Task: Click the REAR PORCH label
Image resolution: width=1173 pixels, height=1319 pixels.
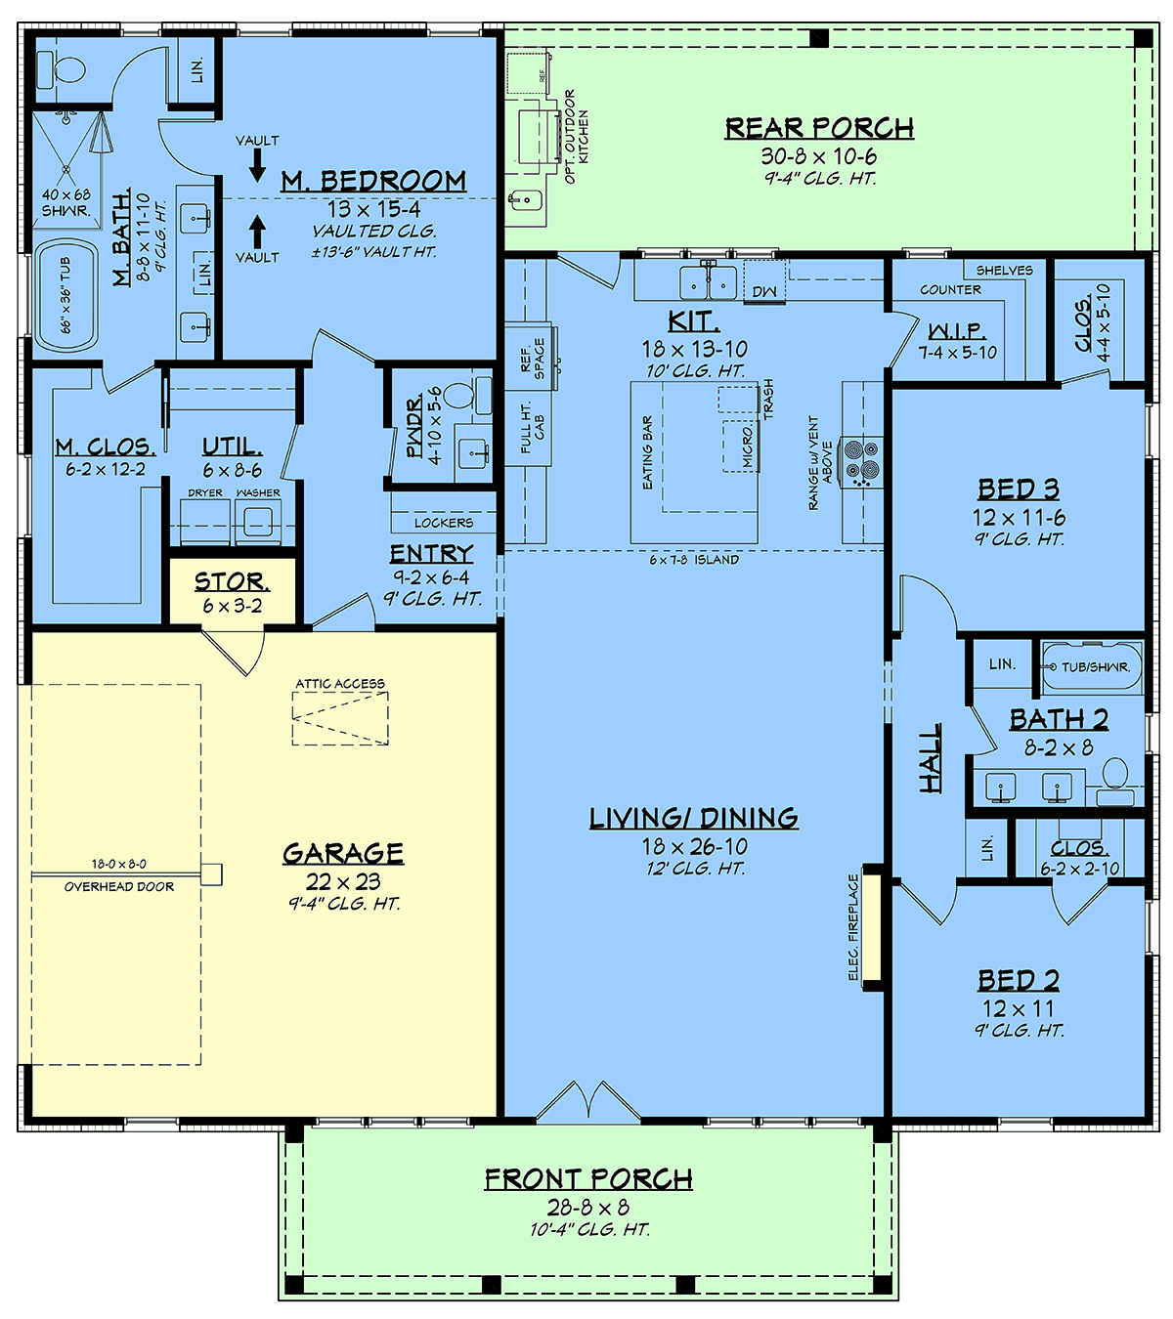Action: [819, 128]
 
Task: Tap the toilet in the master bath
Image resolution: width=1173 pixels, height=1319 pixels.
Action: [62, 68]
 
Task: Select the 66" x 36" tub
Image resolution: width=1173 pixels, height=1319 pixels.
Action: [66, 296]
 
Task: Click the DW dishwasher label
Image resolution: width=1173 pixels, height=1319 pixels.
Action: [764, 292]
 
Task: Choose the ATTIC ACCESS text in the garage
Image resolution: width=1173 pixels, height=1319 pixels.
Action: [340, 684]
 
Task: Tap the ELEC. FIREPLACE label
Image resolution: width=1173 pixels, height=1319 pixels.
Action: [854, 927]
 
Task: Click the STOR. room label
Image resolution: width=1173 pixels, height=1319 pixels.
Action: [232, 581]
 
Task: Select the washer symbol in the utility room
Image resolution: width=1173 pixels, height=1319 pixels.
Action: [258, 522]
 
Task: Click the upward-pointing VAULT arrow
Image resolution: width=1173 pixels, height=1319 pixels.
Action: [258, 232]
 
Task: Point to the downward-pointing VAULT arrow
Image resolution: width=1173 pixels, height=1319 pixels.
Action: [258, 165]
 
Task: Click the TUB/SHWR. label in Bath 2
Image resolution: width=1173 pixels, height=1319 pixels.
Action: [1096, 666]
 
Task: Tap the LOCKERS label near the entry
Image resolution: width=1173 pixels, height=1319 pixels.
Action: [444, 523]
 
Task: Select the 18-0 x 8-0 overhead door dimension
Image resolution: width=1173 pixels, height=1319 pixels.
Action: [118, 864]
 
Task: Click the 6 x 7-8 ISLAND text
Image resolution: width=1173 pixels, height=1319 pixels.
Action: [694, 559]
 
